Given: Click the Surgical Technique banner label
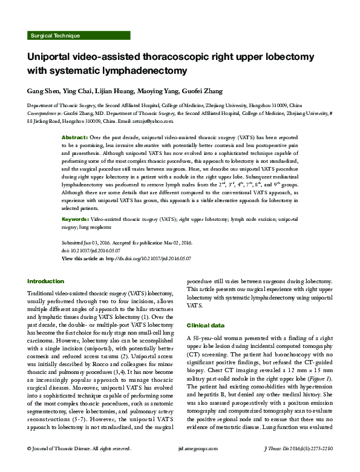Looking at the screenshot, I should (54, 36).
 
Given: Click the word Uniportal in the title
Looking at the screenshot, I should (52, 56).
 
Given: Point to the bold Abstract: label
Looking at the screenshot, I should (76, 139).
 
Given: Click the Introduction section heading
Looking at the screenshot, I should (46, 281).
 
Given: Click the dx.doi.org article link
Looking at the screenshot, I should (148, 258).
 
